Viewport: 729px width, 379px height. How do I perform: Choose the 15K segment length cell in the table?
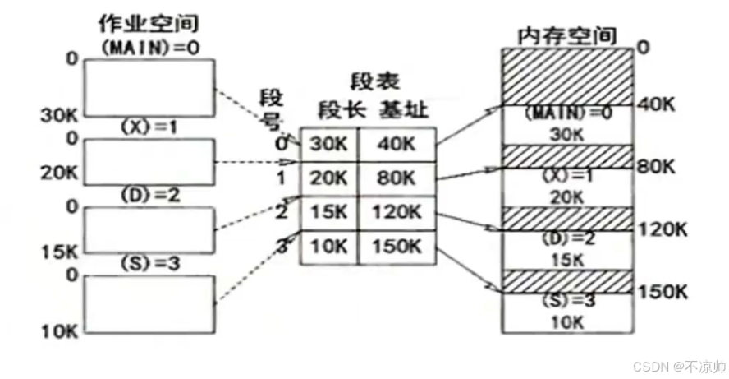pyautogui.click(x=328, y=213)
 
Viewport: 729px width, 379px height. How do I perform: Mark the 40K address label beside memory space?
pyautogui.click(x=656, y=105)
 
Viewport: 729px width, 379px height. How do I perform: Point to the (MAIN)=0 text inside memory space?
pyautogui.click(x=568, y=113)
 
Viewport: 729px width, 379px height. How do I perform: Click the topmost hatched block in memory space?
pyautogui.click(x=568, y=76)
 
